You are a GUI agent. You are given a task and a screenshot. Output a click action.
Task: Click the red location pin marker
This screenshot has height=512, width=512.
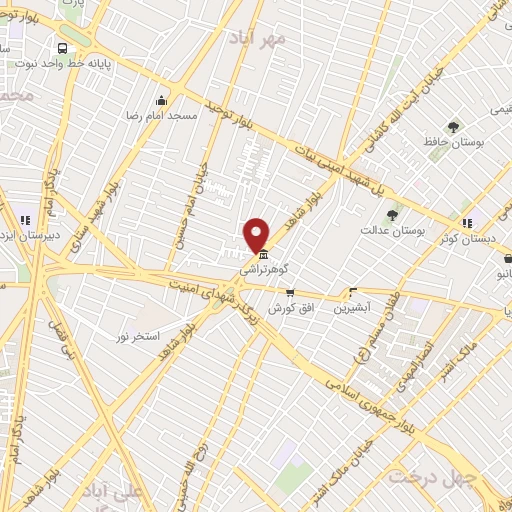click(x=257, y=234)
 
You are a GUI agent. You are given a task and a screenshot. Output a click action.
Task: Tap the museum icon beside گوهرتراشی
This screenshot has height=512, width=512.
click(x=263, y=254)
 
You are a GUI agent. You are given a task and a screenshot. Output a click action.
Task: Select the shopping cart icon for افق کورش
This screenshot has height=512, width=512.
click(x=290, y=293)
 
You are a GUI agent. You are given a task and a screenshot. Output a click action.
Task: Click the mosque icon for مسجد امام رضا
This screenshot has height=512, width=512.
click(x=162, y=101)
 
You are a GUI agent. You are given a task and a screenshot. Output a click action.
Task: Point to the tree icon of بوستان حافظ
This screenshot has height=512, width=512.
click(x=453, y=127)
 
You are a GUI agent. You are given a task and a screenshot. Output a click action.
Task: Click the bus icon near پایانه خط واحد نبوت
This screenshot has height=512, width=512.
click(x=63, y=48)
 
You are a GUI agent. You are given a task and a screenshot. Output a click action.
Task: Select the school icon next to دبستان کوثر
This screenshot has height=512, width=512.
click(x=466, y=222)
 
